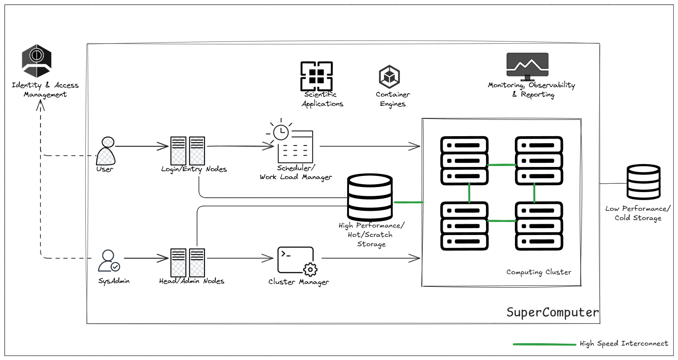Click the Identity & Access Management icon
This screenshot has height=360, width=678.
37,61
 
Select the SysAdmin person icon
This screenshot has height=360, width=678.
109,261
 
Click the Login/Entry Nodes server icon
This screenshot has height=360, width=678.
188,150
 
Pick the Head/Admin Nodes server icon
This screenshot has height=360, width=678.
188,262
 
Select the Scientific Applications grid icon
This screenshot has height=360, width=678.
316,76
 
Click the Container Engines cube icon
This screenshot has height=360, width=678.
390,76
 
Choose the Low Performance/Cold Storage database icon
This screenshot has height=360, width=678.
643,182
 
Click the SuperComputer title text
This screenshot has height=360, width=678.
553,312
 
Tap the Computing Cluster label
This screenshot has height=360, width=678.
539,272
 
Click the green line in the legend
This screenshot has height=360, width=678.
544,344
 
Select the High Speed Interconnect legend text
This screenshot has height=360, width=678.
624,344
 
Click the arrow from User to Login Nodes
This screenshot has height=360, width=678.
142,147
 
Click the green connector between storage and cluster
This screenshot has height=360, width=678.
408,202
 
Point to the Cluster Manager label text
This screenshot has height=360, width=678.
299,282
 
